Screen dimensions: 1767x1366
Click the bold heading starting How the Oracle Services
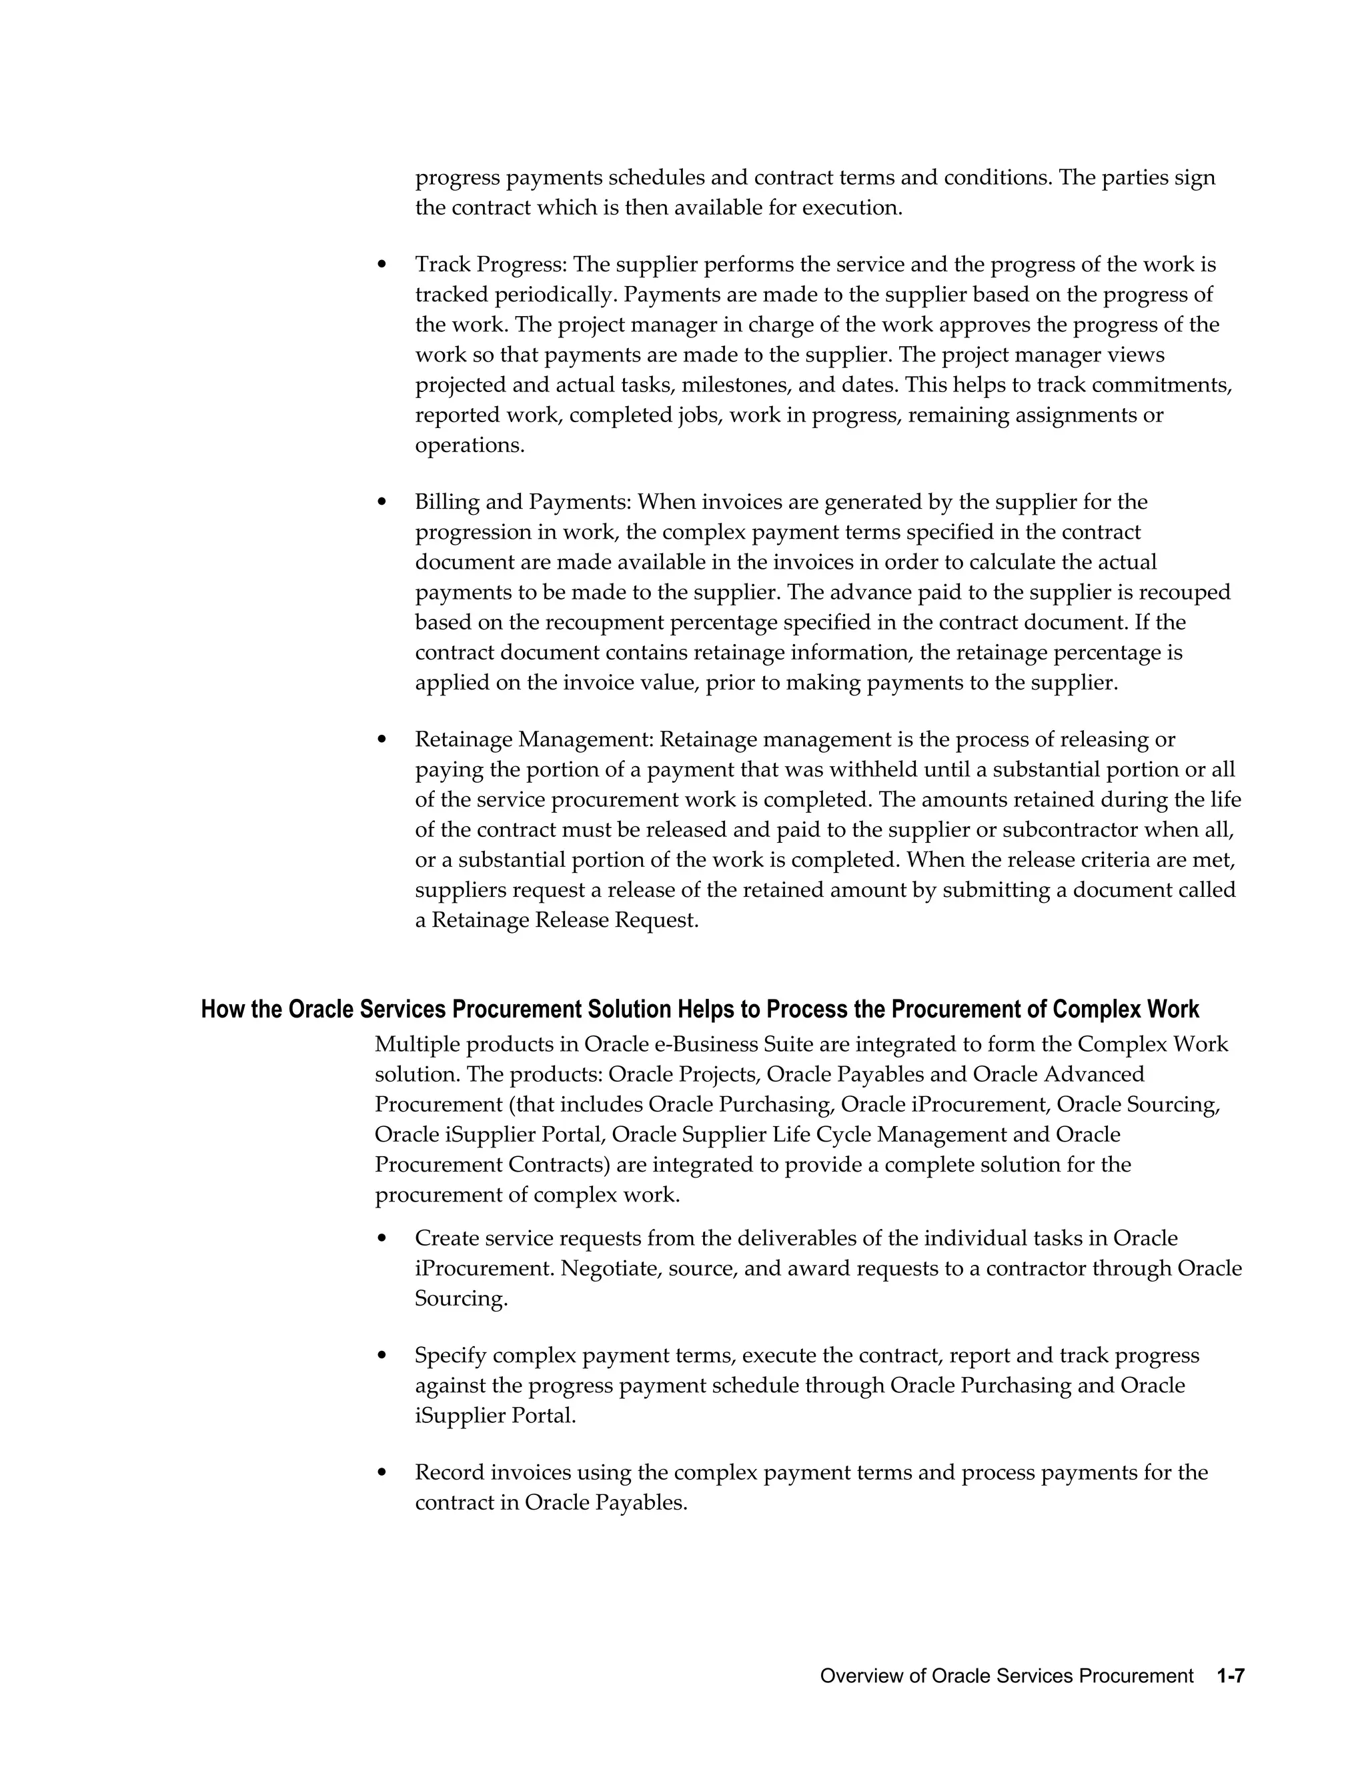699,1010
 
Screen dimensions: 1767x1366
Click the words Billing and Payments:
523,503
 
